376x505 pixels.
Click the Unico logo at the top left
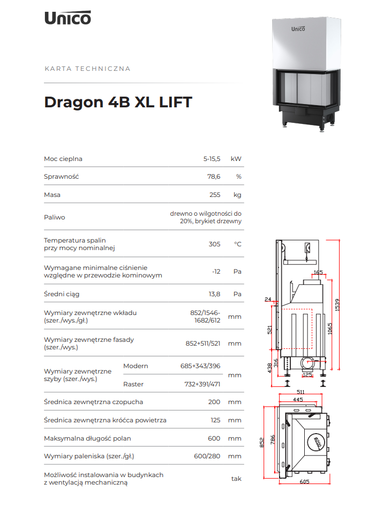[68, 18]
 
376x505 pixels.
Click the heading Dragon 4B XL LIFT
[118, 102]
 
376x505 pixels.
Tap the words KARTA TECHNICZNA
[87, 69]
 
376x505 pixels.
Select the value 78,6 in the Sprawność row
[214, 177]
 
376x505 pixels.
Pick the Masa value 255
[215, 195]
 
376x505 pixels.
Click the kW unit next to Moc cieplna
[236, 159]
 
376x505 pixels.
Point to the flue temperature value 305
[214, 244]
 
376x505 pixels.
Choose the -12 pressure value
[216, 272]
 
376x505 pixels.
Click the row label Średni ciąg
[62, 294]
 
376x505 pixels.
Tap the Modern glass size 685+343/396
[200, 366]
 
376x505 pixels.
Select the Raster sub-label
[133, 384]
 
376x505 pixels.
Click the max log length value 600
[214, 438]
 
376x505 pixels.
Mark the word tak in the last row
[236, 479]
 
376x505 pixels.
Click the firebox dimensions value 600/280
[207, 456]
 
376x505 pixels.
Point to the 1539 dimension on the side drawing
[337, 305]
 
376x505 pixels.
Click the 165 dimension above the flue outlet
[318, 273]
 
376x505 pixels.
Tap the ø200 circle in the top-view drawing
[317, 442]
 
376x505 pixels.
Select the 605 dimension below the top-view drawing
[305, 481]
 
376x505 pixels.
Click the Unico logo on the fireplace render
[298, 29]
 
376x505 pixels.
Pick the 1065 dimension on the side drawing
[330, 328]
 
